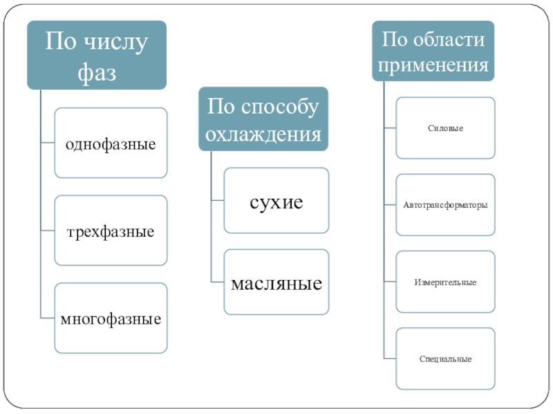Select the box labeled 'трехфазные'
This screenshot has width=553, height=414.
coord(111,230)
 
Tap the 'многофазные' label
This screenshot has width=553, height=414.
coord(111,319)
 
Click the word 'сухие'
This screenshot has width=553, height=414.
coord(276,202)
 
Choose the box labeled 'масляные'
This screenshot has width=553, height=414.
coord(276,282)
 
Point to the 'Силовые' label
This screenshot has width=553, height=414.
coord(445,128)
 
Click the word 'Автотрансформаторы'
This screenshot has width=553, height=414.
coord(445,205)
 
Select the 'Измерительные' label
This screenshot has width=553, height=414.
coord(445,282)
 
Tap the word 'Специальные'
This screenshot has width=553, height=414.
coord(445,359)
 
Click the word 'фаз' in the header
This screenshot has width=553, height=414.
coord(97,73)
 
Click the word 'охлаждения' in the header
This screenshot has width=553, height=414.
coord(263,135)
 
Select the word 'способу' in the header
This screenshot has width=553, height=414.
coord(280,107)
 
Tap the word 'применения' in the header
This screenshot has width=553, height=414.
coord(433,66)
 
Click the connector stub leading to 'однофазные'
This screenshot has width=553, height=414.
coord(48,143)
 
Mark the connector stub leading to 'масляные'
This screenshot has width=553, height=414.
coord(218,282)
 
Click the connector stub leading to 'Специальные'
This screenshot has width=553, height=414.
coord(390,359)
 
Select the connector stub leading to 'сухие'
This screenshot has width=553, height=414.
coord(218,200)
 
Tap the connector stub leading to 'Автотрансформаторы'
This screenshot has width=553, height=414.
coord(390,204)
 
